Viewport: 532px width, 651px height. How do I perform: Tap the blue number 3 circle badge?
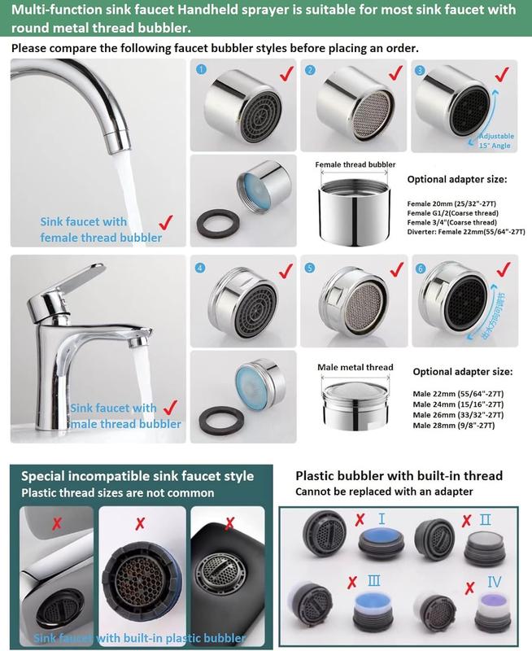[x=420, y=71]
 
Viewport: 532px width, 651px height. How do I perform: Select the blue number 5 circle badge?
[x=309, y=267]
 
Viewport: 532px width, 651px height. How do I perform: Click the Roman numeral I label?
[x=381, y=518]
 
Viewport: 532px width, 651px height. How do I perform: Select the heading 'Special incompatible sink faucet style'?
[x=137, y=476]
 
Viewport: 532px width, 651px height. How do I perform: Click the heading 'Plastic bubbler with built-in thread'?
[x=399, y=475]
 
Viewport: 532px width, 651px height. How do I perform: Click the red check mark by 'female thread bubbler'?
[x=167, y=221]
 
